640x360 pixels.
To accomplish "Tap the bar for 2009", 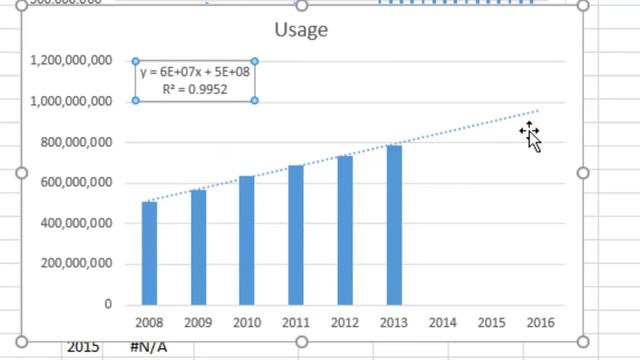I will tap(198, 247).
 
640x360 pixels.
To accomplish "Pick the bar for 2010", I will tap(247, 240).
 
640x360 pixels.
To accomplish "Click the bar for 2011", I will tap(296, 235).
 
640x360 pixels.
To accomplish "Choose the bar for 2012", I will tap(345, 230).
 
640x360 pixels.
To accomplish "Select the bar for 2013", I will tap(394, 225).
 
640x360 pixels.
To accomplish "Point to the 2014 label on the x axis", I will tap(442, 323).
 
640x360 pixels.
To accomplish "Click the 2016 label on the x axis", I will tap(540, 323).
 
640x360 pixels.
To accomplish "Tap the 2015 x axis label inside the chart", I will tap(491, 323).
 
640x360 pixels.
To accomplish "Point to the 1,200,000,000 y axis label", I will tap(71, 61).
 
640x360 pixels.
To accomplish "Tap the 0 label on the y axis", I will tap(108, 304).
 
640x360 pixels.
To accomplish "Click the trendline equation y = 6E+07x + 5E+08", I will tap(195, 72).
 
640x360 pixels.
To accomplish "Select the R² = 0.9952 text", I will tap(195, 89).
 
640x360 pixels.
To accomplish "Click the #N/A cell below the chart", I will tap(148, 347).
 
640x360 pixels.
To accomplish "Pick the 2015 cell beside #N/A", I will tap(83, 347).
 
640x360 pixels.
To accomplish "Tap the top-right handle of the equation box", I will tap(255, 62).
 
